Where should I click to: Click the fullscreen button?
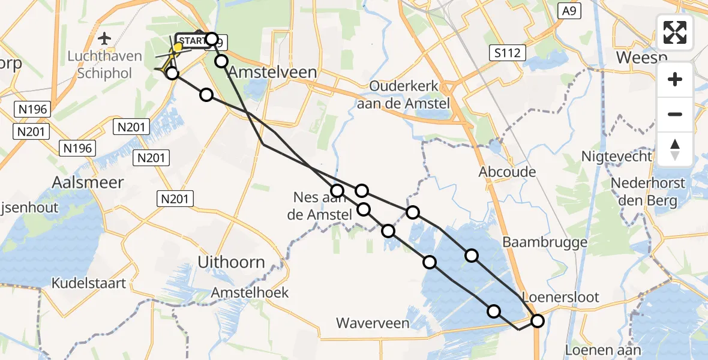tap(675, 32)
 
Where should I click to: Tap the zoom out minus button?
tap(675, 114)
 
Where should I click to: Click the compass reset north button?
tap(675, 149)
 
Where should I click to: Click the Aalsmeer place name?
tap(88, 182)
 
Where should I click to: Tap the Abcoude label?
tap(507, 172)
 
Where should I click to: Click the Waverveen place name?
tap(373, 323)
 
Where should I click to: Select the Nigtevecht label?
tap(616, 157)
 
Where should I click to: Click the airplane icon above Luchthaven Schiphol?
tap(105, 39)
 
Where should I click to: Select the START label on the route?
tap(191, 41)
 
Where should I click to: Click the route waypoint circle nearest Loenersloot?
tap(537, 321)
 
